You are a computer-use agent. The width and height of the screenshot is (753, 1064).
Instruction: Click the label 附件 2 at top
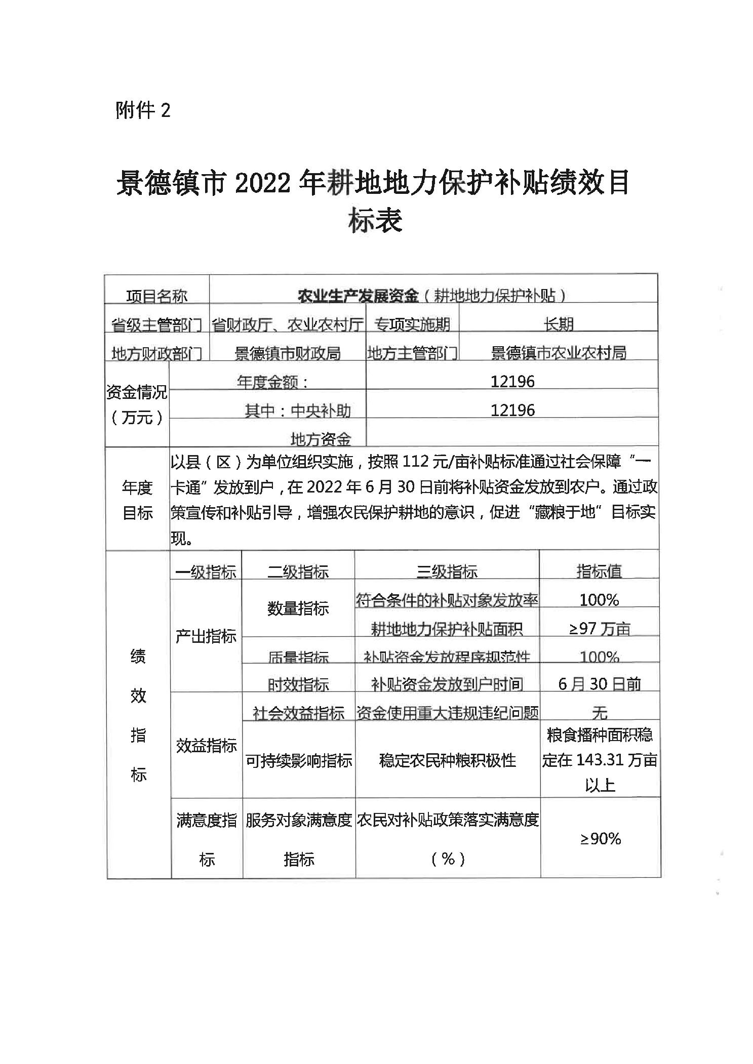143,110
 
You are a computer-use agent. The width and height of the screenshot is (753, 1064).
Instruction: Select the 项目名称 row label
156,296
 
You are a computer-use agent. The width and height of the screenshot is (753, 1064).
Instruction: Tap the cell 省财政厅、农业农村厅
288,324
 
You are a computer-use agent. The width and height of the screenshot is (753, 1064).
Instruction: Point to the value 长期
558,324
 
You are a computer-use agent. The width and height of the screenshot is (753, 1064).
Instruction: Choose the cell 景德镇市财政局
288,353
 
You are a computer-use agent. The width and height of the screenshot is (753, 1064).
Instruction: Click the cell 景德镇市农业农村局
558,352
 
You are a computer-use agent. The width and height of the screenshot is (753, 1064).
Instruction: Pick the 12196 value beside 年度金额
512,381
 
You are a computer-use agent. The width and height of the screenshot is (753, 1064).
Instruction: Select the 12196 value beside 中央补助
512,410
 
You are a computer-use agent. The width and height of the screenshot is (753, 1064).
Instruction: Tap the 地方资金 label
321,439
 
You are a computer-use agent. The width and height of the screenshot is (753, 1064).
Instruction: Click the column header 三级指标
447,571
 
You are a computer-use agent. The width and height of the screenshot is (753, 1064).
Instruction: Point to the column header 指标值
599,571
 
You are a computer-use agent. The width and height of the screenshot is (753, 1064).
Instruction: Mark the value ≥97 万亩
600,629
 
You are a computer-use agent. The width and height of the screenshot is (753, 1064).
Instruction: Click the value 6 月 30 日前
600,684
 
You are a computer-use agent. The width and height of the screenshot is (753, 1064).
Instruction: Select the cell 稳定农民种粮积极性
447,760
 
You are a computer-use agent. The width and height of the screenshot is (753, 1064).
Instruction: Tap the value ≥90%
600,839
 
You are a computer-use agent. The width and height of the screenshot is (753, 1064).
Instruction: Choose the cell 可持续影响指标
298,760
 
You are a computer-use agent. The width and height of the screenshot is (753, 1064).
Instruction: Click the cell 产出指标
206,636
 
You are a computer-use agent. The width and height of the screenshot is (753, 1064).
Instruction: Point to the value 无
600,713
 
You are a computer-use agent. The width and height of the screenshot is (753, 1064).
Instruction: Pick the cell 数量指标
298,608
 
